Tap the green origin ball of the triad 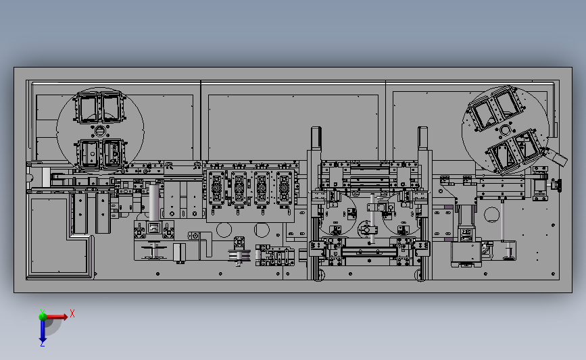point(42,315)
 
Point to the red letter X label point(72,313)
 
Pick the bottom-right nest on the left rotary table point(113,153)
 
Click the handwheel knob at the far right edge point(557,184)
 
